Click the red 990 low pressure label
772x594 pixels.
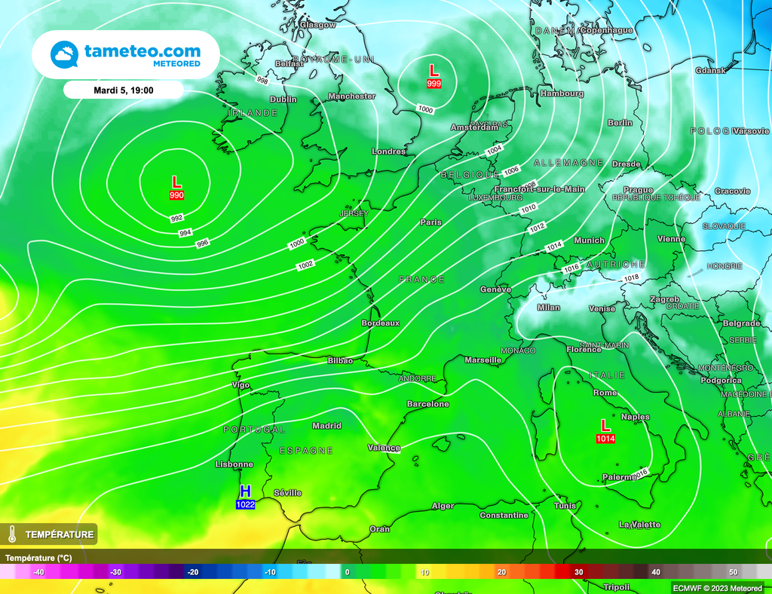pos(176,196)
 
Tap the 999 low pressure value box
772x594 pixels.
pos(433,84)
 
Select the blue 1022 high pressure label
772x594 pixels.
pos(245,504)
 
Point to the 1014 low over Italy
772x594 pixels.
pos(605,439)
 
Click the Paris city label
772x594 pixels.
pos(431,222)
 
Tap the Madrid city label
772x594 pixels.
pos(326,426)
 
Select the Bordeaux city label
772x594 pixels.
pos(380,323)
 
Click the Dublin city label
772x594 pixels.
pos(283,100)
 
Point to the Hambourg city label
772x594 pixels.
pos(562,93)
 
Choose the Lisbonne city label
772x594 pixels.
pos(234,464)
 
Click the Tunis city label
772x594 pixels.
pos(565,506)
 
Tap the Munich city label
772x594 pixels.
pos(589,240)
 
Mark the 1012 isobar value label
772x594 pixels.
pos(537,227)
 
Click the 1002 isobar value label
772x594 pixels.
pos(305,265)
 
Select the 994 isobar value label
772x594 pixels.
pos(185,233)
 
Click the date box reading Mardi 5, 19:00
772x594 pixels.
pos(124,90)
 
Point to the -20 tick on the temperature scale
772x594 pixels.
pos(193,572)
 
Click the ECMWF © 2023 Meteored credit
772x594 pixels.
pos(716,587)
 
